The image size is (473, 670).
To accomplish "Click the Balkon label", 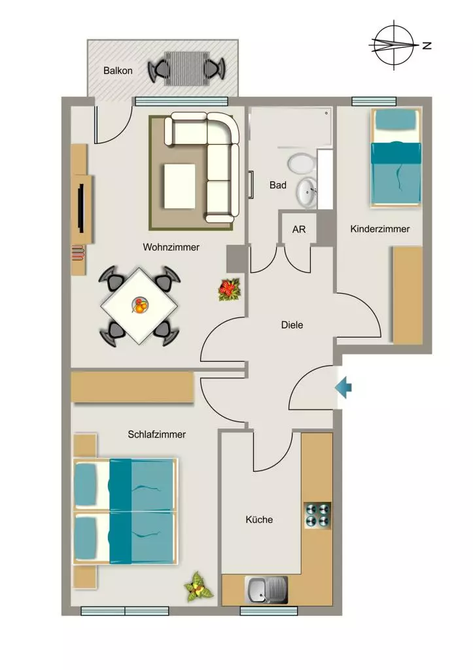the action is pyautogui.click(x=118, y=71).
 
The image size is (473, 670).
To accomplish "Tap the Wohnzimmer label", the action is pyautogui.click(x=171, y=247).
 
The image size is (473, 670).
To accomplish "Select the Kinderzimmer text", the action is pyautogui.click(x=380, y=228).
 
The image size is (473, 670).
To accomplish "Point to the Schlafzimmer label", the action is pyautogui.click(x=157, y=434).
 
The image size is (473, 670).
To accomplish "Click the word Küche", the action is pyautogui.click(x=259, y=520).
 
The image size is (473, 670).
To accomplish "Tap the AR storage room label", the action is pyautogui.click(x=299, y=230).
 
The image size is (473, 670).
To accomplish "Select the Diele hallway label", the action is pyautogui.click(x=292, y=325).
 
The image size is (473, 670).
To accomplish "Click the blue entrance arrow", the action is pyautogui.click(x=343, y=388).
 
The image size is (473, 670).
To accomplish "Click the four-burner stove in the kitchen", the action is pyautogui.click(x=318, y=516).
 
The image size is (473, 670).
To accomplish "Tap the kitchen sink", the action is pyautogui.click(x=266, y=590).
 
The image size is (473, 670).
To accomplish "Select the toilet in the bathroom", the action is pyautogui.click(x=302, y=164).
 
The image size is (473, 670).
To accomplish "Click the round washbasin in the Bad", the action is pyautogui.click(x=307, y=192).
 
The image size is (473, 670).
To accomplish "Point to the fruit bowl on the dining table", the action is pyautogui.click(x=140, y=306).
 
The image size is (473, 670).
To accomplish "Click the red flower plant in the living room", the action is pyautogui.click(x=230, y=289).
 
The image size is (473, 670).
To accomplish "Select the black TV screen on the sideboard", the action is pyautogui.click(x=80, y=209).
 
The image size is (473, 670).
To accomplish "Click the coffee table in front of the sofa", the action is pyautogui.click(x=179, y=186).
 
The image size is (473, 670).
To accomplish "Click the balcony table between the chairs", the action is pyautogui.click(x=186, y=68).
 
